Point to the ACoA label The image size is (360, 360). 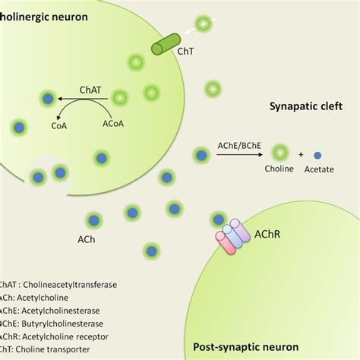coord(112,119)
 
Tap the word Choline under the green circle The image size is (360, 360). coord(279,169)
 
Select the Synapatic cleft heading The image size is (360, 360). coord(307,107)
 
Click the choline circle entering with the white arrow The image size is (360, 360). coord(204,24)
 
